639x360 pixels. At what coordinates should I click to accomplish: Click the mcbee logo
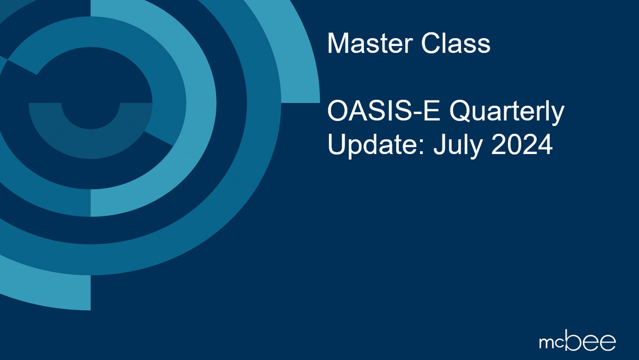(577, 341)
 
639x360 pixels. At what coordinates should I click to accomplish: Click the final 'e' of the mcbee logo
(607, 343)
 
